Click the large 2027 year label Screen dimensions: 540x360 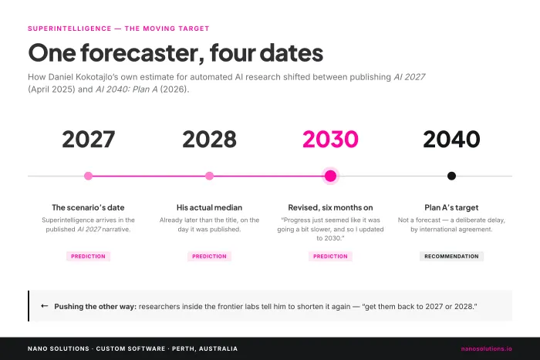[x=89, y=140]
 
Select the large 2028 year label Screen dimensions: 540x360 [x=209, y=140]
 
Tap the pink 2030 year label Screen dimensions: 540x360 [x=330, y=140]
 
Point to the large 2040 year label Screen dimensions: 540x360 [x=451, y=140]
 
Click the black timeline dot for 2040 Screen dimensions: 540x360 [x=451, y=176]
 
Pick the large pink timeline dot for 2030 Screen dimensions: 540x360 [x=331, y=176]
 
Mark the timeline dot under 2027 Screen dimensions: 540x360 [x=88, y=176]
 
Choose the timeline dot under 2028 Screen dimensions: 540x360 [x=209, y=176]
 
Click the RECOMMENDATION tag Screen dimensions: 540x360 [x=451, y=257]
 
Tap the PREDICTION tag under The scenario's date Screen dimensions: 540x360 [x=88, y=257]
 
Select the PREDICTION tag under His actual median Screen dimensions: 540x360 [x=209, y=257]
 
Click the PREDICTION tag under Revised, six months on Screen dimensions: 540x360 [x=330, y=257]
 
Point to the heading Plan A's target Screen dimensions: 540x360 [x=451, y=207]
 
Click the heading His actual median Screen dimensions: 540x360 [x=209, y=207]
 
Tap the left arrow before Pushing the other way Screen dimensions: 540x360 [x=45, y=306]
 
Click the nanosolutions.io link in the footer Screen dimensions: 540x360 [x=486, y=348]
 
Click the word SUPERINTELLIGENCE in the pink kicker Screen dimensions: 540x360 [x=69, y=29]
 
